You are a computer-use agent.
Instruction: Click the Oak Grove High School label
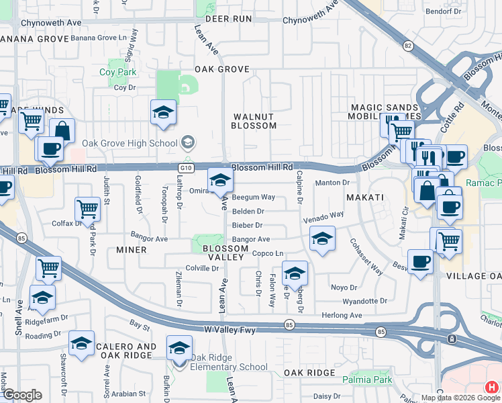click(130, 142)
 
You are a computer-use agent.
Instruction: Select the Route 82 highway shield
click(407, 45)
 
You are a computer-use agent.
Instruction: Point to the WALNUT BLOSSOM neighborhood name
click(254, 121)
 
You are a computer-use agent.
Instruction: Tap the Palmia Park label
click(372, 380)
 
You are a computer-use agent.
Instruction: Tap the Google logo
click(22, 395)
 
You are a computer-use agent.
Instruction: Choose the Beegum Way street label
click(253, 197)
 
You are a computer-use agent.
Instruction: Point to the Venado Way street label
click(323, 215)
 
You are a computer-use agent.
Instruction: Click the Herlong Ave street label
click(342, 315)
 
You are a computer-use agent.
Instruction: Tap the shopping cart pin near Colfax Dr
click(87, 210)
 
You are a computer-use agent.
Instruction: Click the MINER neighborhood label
click(131, 250)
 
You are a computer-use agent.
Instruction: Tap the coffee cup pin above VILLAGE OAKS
click(421, 262)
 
